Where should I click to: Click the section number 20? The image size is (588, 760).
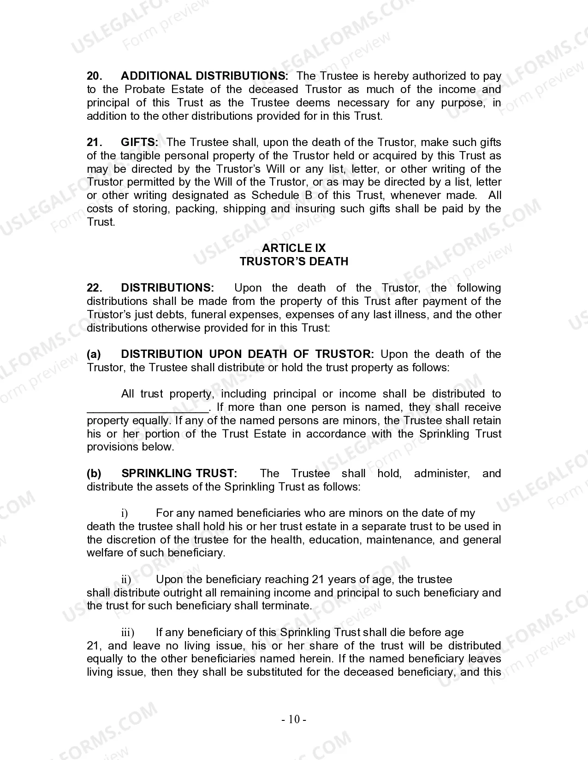click(94, 76)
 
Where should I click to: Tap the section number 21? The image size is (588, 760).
click(94, 142)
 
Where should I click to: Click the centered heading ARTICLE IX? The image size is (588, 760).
click(294, 248)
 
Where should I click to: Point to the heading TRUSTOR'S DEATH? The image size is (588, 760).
click(294, 262)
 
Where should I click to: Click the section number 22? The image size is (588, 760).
click(94, 288)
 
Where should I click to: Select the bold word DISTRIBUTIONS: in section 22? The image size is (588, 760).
click(167, 288)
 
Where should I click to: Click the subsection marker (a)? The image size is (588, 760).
click(94, 354)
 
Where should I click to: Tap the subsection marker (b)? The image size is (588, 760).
click(94, 474)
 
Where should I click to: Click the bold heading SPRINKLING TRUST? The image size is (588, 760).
click(179, 474)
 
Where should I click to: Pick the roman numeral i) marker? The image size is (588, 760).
click(125, 514)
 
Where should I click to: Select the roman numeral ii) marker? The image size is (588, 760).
click(126, 579)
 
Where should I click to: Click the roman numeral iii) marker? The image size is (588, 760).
click(127, 633)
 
